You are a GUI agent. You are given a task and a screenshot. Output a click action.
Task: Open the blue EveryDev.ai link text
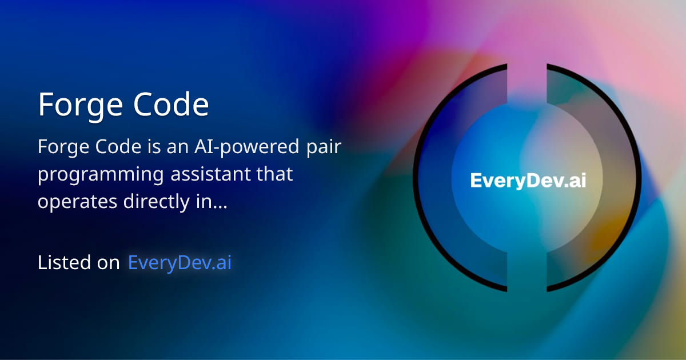pyautogui.click(x=180, y=262)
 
